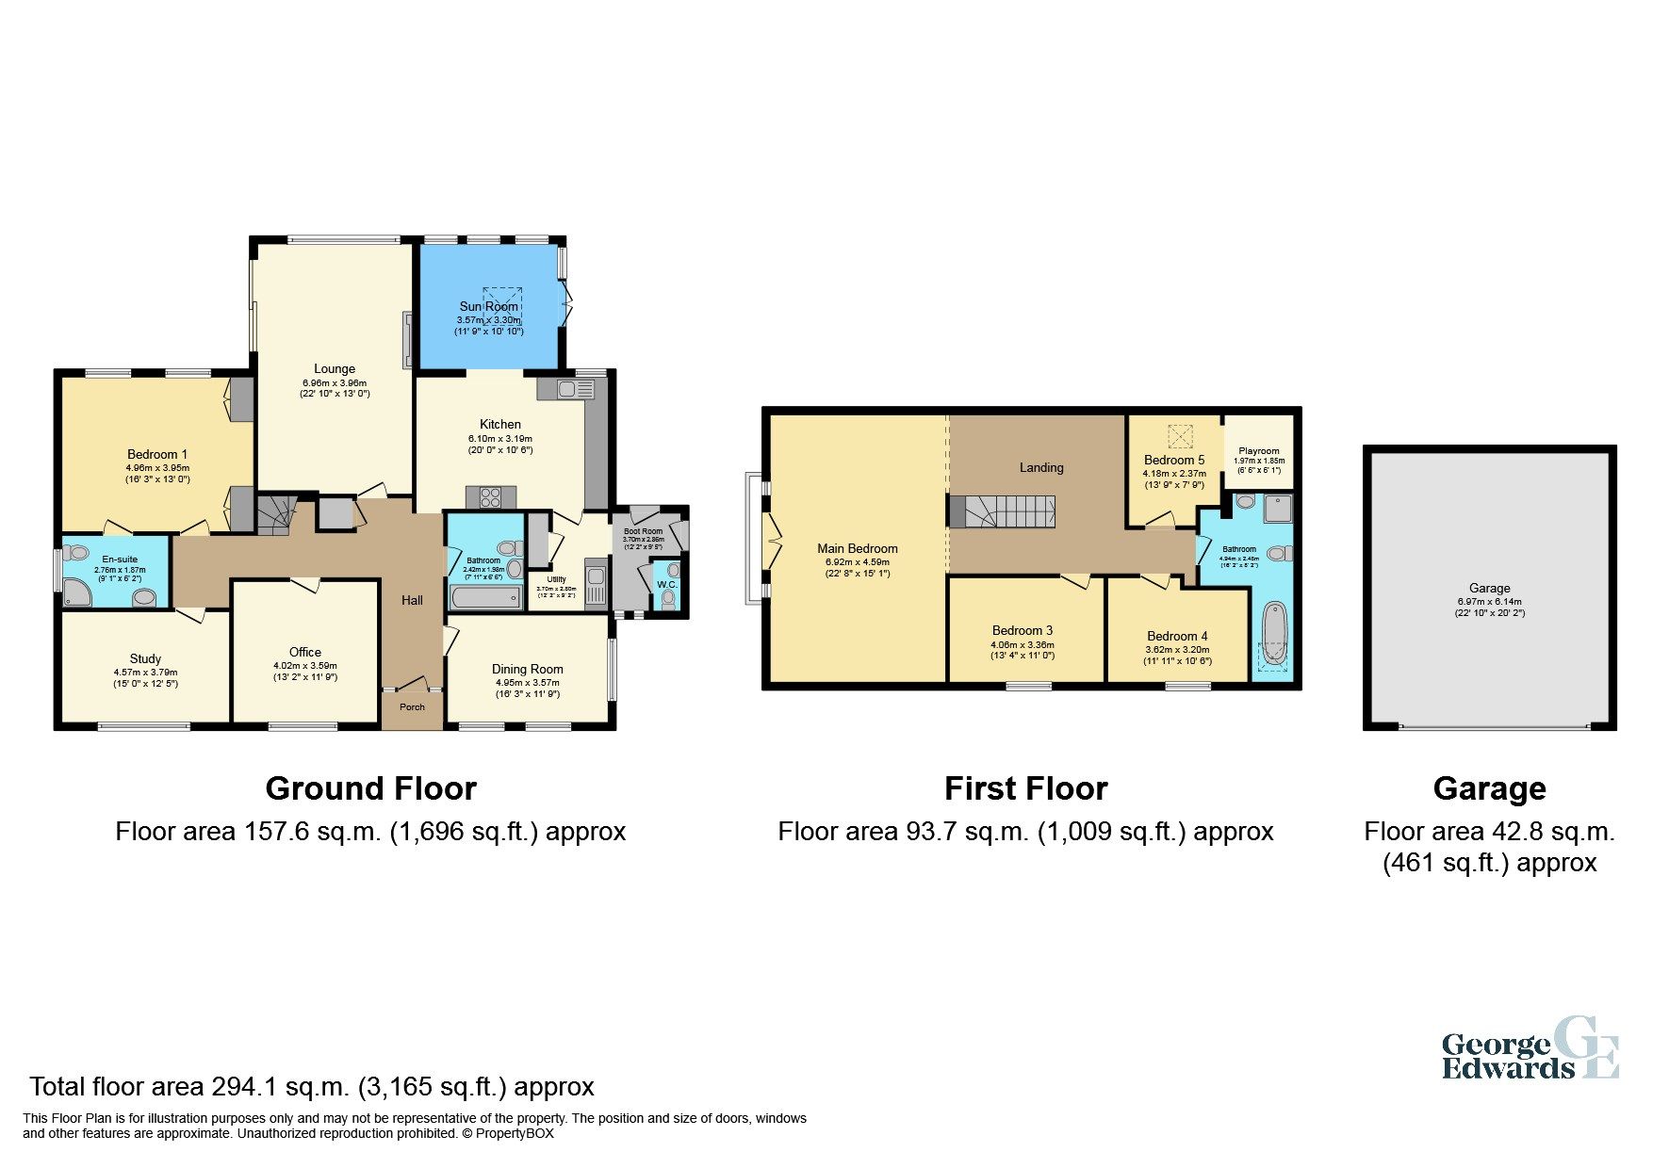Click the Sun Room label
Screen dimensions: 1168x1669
click(488, 306)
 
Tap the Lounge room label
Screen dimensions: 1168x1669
click(335, 368)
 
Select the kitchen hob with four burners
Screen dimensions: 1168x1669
click(490, 496)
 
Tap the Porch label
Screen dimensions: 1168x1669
click(412, 706)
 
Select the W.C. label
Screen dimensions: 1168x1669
click(666, 585)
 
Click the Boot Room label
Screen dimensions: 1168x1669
click(643, 531)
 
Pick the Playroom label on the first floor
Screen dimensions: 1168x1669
click(1259, 451)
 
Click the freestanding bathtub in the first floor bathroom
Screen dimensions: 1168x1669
click(1273, 633)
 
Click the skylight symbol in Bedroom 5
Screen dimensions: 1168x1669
click(1179, 437)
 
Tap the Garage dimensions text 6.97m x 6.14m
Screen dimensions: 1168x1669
click(1489, 601)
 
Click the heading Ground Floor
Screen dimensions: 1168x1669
click(370, 788)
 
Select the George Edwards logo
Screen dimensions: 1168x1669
click(1529, 1047)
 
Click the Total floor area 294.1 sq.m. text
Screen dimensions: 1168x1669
click(312, 1087)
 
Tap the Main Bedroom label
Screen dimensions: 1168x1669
click(857, 548)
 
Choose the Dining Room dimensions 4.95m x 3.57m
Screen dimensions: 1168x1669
click(527, 682)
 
